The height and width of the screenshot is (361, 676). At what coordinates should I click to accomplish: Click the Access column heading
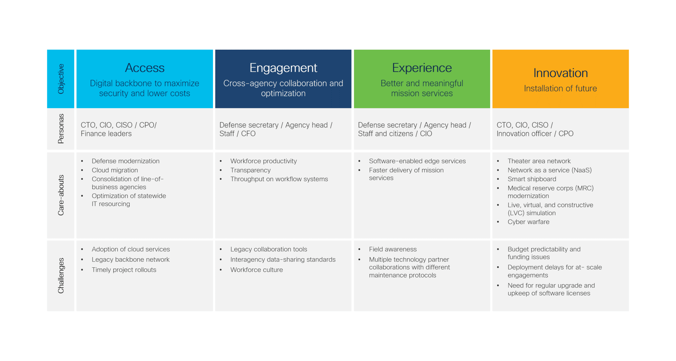[x=145, y=68]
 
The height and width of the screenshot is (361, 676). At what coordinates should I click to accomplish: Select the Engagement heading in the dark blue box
[x=283, y=68]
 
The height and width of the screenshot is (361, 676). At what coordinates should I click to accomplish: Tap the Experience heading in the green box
[x=422, y=68]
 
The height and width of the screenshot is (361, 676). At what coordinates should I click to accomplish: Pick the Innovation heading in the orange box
[x=560, y=73]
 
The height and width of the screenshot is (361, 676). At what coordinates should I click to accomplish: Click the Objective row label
[x=61, y=79]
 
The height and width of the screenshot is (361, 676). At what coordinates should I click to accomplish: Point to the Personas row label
[x=61, y=129]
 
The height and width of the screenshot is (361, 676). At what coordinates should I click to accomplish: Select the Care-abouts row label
[x=61, y=195]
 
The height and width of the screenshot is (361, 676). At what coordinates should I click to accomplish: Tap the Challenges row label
[x=61, y=275]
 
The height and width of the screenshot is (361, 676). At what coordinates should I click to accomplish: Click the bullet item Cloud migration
[x=115, y=170]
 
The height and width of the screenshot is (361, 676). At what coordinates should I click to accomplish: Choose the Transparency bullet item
[x=250, y=170]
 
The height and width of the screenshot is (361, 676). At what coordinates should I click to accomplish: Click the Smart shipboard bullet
[x=532, y=179]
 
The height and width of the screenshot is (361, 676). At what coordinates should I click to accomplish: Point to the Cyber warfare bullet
[x=528, y=222]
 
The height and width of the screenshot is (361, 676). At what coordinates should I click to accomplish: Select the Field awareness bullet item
[x=393, y=249]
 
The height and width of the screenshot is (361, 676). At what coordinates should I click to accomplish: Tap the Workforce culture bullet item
[x=257, y=270]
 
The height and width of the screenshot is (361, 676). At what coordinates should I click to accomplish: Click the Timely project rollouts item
[x=124, y=270]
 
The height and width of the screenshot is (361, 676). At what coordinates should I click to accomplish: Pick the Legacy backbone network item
[x=130, y=260]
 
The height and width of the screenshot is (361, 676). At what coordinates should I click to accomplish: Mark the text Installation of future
[x=560, y=89]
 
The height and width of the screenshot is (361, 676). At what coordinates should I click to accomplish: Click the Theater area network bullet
[x=539, y=161]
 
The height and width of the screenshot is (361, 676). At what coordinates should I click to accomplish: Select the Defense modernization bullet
[x=125, y=161]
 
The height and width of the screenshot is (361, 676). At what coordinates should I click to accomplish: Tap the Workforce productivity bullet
[x=264, y=161]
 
